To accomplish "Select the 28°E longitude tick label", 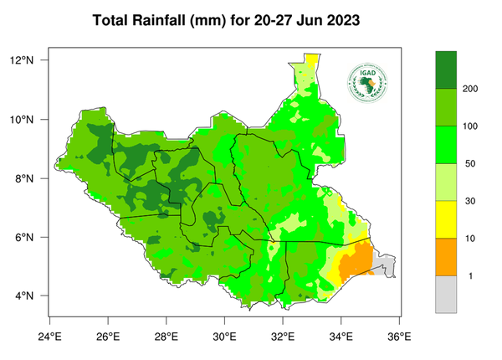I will coord(166,337).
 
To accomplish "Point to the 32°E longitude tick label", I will coord(283,337).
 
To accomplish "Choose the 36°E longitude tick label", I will coord(399,337).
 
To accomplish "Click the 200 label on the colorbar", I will coord(470,88).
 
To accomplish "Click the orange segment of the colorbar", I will coord(446,257).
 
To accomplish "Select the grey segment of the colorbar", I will coord(446,294).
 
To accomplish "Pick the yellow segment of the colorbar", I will coord(446,219).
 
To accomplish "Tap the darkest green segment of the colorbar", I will coord(446,69).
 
